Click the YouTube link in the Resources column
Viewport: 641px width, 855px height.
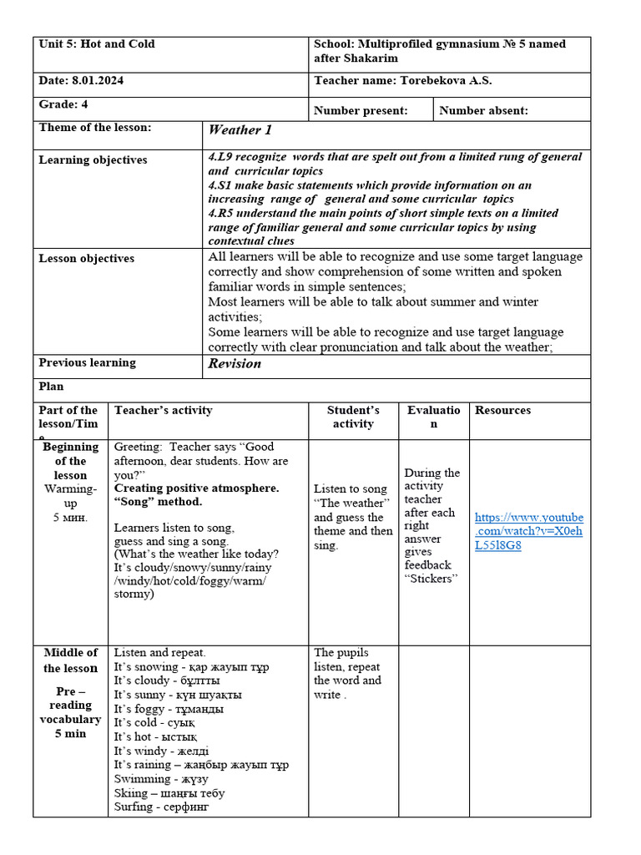click(x=528, y=531)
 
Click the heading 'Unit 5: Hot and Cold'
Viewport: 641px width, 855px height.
click(x=97, y=44)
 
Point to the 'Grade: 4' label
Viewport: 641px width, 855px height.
click(x=63, y=104)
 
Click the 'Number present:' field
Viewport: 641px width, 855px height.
click(x=361, y=110)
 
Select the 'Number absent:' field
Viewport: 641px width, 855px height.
click(x=483, y=110)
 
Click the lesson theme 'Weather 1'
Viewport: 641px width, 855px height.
click(x=240, y=130)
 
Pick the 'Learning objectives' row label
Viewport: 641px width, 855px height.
click(x=93, y=160)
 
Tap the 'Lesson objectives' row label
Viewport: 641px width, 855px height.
click(x=86, y=259)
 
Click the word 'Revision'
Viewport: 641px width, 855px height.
click(x=235, y=364)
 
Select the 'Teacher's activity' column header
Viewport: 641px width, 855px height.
click(x=163, y=411)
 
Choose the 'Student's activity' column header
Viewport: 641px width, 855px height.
click(x=353, y=417)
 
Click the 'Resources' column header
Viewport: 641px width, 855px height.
click(x=502, y=411)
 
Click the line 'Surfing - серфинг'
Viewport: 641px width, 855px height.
click(x=161, y=807)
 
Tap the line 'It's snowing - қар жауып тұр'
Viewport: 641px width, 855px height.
click(x=191, y=666)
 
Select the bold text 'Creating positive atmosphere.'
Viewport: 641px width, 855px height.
click(x=196, y=488)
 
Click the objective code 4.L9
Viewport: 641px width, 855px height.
click(x=220, y=157)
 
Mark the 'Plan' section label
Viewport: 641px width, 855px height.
click(x=51, y=387)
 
